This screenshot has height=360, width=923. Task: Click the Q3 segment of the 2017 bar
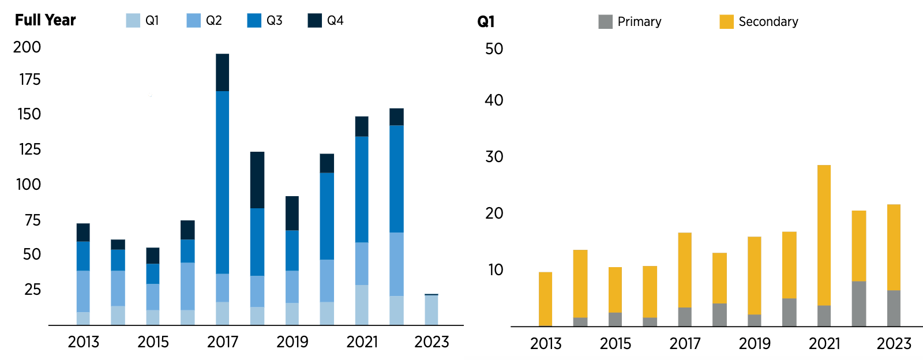coord(222,182)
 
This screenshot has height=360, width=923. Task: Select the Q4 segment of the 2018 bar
coord(257,179)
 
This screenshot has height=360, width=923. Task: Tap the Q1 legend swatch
coord(133,21)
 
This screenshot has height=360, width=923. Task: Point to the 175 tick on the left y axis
coord(30,80)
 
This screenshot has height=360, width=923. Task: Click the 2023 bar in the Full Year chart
coord(431,310)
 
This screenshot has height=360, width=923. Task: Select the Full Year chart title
coord(45,20)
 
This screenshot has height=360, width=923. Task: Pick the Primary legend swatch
coord(605,22)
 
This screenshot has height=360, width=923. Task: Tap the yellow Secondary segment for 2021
coord(824,235)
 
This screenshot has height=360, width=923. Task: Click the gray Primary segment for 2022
coord(859,303)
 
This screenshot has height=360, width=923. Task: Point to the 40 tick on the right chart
coord(494,100)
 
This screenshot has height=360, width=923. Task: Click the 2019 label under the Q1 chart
coord(754,344)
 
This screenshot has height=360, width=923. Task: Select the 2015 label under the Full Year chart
coord(153,342)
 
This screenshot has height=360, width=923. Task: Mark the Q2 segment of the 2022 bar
coord(396,264)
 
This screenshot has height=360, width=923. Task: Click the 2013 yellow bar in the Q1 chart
coord(545,299)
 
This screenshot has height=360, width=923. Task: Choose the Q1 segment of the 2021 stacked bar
coord(362,305)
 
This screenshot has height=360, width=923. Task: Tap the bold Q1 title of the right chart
coord(486,22)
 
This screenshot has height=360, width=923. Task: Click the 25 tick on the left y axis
coord(32,290)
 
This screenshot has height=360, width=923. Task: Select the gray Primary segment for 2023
coord(894,308)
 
